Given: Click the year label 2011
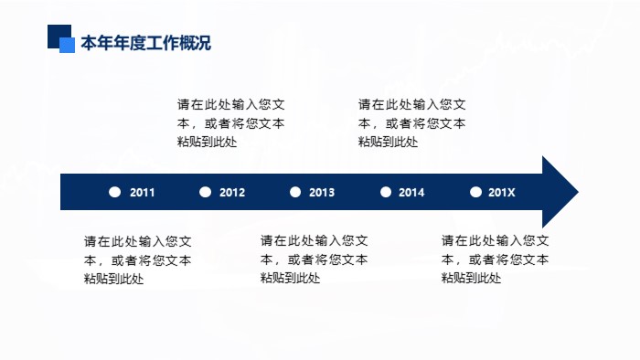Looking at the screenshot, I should pyautogui.click(x=143, y=193).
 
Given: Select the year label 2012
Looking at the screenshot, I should pyautogui.click(x=232, y=193).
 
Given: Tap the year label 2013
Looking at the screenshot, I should pyautogui.click(x=322, y=193).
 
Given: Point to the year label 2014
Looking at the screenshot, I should pyautogui.click(x=411, y=193).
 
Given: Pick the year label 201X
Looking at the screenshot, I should pyautogui.click(x=502, y=193).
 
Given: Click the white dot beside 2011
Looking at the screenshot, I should pyautogui.click(x=114, y=192).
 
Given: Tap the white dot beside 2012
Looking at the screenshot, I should pyautogui.click(x=205, y=192).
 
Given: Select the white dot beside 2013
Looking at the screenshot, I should pyautogui.click(x=294, y=192).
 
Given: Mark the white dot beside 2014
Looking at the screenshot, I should pyautogui.click(x=385, y=192).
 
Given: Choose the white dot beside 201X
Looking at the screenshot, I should pyautogui.click(x=475, y=192).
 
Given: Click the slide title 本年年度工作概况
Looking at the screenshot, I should pyautogui.click(x=146, y=43).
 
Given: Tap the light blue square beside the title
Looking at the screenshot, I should pyautogui.click(x=67, y=45).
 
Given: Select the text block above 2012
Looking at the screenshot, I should pyautogui.click(x=231, y=123).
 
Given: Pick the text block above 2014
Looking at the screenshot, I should pyautogui.click(x=411, y=123).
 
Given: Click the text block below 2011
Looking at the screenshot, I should pyautogui.click(x=138, y=260).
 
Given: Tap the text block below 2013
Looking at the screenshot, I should pyautogui.click(x=315, y=260).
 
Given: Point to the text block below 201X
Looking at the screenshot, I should pyautogui.click(x=496, y=260).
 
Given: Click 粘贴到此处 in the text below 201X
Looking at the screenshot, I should pyautogui.click(x=472, y=279).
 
